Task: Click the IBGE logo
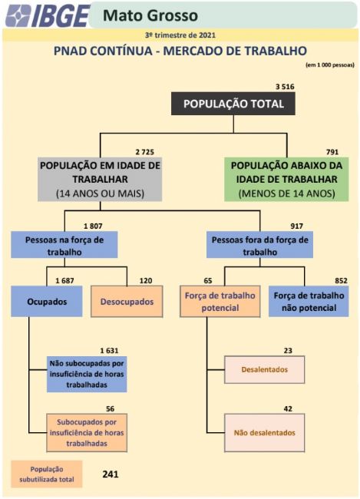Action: point(48,15)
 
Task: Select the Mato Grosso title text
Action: point(150,15)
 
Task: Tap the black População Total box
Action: point(233,104)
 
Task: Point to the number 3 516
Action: point(285,87)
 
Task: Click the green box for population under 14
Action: point(286,179)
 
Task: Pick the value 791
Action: point(332,152)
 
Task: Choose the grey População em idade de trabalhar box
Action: point(100,179)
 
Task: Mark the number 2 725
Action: point(145,152)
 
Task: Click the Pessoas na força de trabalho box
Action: point(64,244)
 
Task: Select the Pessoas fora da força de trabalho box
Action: point(259,244)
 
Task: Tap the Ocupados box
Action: point(47,302)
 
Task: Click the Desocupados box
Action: point(127,302)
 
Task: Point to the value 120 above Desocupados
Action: point(146,281)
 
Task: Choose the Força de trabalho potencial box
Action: point(220,302)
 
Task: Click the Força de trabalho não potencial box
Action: point(309,302)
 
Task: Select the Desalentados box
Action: point(265,369)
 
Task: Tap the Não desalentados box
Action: point(265,433)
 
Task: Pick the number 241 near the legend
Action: point(111,474)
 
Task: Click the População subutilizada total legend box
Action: point(47,474)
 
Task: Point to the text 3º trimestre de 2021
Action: point(180,35)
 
